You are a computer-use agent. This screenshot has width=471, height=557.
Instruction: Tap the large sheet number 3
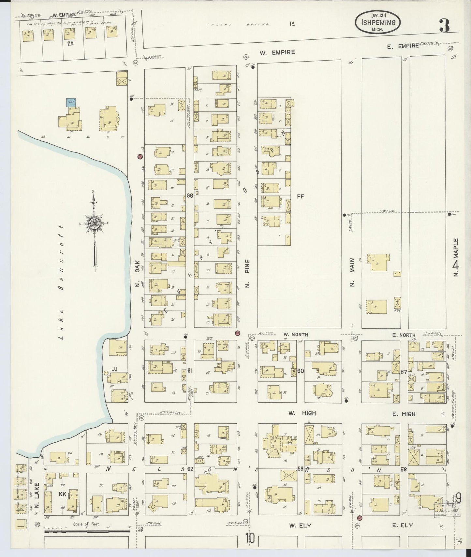[444, 25]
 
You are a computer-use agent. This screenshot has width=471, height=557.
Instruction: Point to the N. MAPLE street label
[456, 257]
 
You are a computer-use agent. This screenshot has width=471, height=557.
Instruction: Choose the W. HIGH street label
[302, 413]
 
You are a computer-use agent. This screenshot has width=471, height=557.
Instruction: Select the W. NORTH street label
[295, 335]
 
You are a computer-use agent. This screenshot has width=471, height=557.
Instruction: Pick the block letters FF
[300, 196]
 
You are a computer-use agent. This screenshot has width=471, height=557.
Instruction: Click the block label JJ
[114, 369]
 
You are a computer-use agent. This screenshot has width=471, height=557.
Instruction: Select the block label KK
[62, 494]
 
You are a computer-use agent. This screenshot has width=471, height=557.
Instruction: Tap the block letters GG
[190, 196]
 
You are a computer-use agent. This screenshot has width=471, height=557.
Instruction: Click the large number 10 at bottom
[250, 538]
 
